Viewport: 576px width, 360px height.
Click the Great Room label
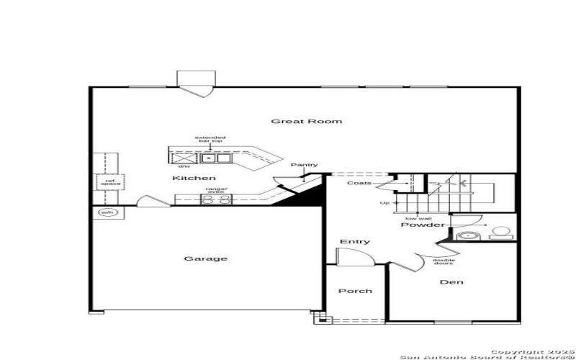coord(306,121)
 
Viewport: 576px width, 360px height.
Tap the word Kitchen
coord(194,178)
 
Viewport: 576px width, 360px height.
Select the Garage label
coord(205,258)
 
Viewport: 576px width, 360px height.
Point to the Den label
coord(452,282)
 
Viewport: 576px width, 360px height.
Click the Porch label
coord(355,291)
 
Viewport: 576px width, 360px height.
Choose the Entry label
coord(354,242)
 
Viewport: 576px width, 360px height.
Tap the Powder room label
coord(423,225)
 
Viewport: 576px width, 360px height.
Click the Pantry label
coord(304,166)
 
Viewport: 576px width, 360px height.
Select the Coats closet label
coord(359,183)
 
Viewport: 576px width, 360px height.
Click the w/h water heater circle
coord(107,212)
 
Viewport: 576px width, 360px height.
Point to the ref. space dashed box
coord(110,182)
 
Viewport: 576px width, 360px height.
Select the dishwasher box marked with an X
coord(185,157)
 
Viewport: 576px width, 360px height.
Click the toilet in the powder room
coord(500,233)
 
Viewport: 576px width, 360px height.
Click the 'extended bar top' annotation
coord(210,139)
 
